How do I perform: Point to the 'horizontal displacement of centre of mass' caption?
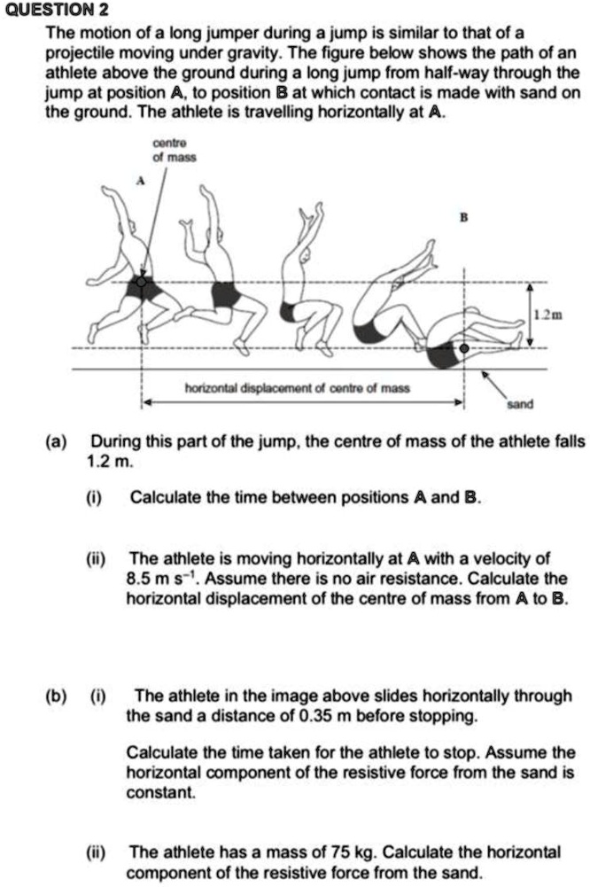coord(297,388)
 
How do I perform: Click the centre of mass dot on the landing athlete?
coord(463,349)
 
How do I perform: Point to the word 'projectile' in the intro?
coord(77,52)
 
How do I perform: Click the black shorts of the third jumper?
coord(288,311)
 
